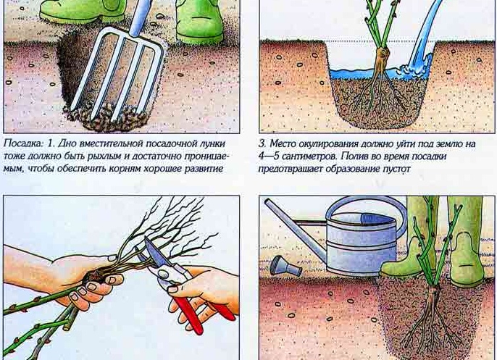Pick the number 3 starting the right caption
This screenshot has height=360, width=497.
pyautogui.click(x=262, y=144)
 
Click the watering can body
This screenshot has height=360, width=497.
pyautogui.click(x=361, y=244)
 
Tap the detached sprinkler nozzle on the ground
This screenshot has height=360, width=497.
pyautogui.click(x=285, y=265)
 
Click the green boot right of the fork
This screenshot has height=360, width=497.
pyautogui.click(x=199, y=21)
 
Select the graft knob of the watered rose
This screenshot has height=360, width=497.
pyautogui.click(x=383, y=55)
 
